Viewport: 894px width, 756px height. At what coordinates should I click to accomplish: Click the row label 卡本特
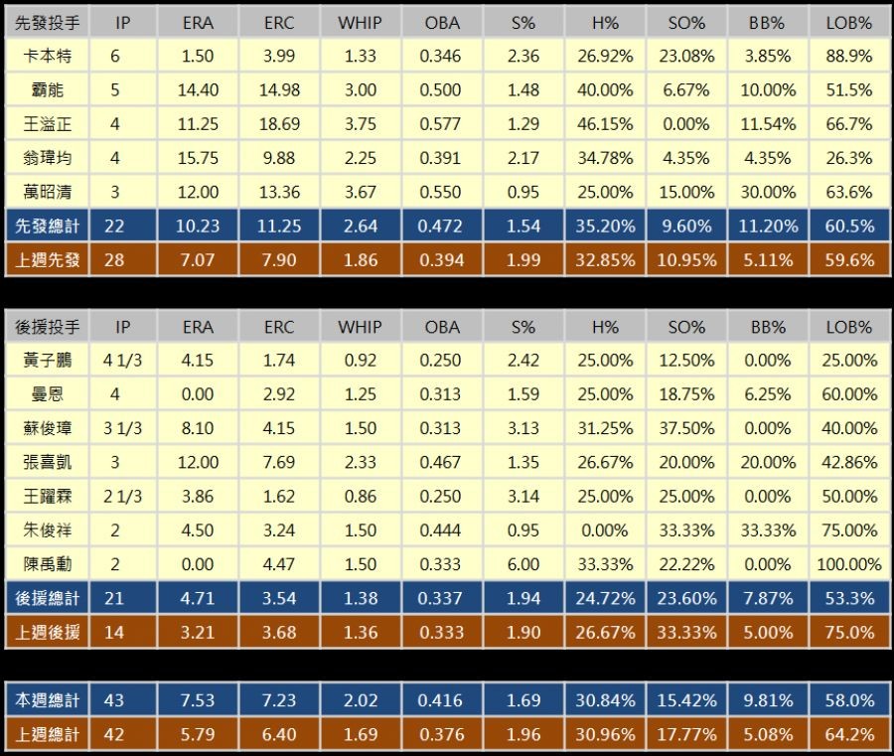(47, 57)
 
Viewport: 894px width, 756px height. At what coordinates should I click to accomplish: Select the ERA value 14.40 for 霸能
(198, 90)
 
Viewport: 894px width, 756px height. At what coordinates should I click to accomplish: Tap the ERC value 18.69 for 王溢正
(279, 124)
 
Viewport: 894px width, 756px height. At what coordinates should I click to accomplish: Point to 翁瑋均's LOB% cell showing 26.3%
(848, 158)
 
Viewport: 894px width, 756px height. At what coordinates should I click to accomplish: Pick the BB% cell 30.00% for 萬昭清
(767, 192)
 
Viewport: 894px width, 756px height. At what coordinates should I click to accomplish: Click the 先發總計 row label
(47, 226)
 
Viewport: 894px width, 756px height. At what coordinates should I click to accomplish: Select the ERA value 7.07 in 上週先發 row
(198, 259)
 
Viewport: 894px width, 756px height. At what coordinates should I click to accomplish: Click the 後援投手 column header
(47, 327)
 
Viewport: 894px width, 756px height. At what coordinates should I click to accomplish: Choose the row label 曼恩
(47, 394)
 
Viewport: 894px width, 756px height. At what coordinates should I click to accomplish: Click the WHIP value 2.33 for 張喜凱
(360, 462)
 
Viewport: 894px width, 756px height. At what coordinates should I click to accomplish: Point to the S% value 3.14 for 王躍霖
(522, 496)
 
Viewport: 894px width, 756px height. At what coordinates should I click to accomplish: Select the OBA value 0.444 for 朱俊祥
(441, 529)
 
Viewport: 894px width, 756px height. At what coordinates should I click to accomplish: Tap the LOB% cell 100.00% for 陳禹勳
(848, 564)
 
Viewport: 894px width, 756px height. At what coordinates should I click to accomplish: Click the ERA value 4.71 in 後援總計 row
(198, 598)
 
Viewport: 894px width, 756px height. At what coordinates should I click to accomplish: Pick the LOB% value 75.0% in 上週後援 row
(848, 632)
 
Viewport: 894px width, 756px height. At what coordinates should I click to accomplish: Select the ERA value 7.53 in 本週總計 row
(198, 700)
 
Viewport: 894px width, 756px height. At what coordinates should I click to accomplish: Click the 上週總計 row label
(47, 735)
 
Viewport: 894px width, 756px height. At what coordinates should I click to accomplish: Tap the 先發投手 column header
(47, 22)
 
